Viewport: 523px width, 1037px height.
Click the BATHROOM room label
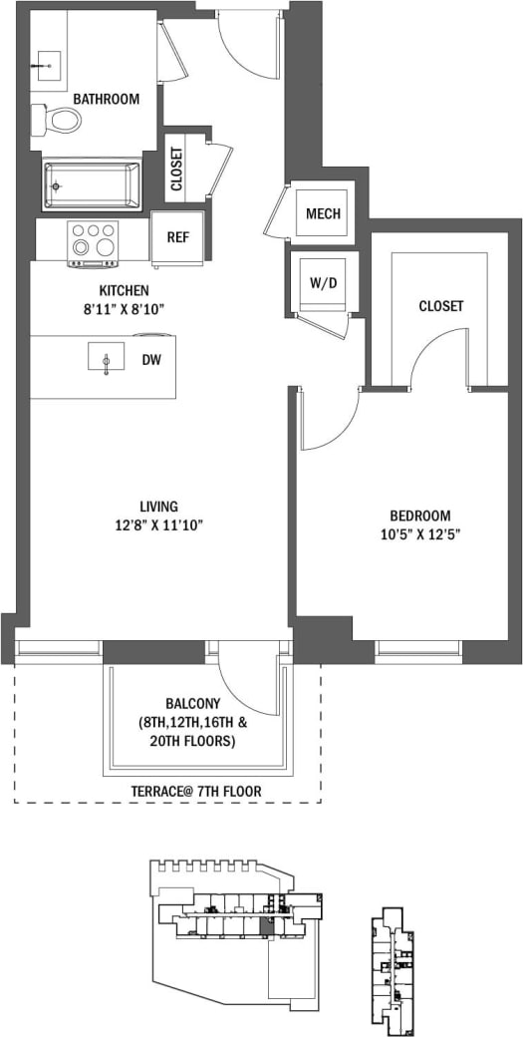pos(106,99)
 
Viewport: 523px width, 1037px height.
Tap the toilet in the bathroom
pos(60,121)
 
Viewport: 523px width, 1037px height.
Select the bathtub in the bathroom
pos(92,184)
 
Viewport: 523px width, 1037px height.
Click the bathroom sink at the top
pos(46,67)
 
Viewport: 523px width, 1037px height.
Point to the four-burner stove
pos(92,242)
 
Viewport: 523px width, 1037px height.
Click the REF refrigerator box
pos(177,238)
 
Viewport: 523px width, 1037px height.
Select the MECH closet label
pos(323,213)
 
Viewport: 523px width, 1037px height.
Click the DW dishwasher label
pos(151,359)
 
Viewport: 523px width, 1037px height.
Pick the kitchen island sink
pos(106,357)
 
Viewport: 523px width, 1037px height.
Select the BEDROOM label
pos(419,516)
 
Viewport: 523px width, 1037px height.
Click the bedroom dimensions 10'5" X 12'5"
pos(419,533)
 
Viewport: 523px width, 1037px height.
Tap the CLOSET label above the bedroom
pos(440,306)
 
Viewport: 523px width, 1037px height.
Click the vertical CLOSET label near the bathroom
pos(176,169)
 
